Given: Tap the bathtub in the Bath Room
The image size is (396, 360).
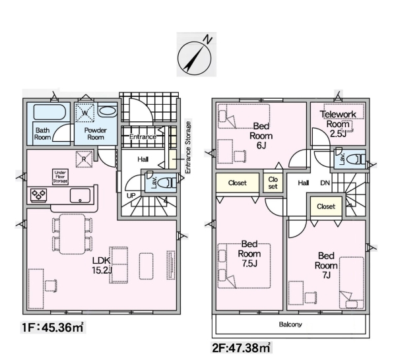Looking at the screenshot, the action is coord(49,112).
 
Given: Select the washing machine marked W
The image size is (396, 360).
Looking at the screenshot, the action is coord(85,113).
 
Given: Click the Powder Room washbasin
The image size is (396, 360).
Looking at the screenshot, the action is coord(107,111).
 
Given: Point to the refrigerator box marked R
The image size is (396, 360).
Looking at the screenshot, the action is coord(84,159).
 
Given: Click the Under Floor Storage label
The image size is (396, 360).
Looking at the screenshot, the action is coord(60,177).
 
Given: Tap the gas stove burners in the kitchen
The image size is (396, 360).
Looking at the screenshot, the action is coord(39,195).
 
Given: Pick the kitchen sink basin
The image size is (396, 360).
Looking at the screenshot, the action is coord(80,196).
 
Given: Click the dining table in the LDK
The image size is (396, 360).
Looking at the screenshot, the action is coord(72,234).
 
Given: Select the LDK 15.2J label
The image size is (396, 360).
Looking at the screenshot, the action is coord(102,266).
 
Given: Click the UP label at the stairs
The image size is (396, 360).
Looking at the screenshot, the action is coord(131,196).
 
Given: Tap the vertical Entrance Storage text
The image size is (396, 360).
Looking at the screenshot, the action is coord(188,148).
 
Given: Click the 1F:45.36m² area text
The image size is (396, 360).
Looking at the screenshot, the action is coord(53,328).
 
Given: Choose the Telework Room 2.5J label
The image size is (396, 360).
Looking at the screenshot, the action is coord(338,124).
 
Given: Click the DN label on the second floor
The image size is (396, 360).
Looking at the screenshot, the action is coord(325,183).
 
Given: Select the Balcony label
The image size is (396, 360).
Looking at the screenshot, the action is coord(290,324).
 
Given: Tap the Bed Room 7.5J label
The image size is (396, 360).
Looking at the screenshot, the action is coord(249,254).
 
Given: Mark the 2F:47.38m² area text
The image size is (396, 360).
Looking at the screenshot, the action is coord(241,348).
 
